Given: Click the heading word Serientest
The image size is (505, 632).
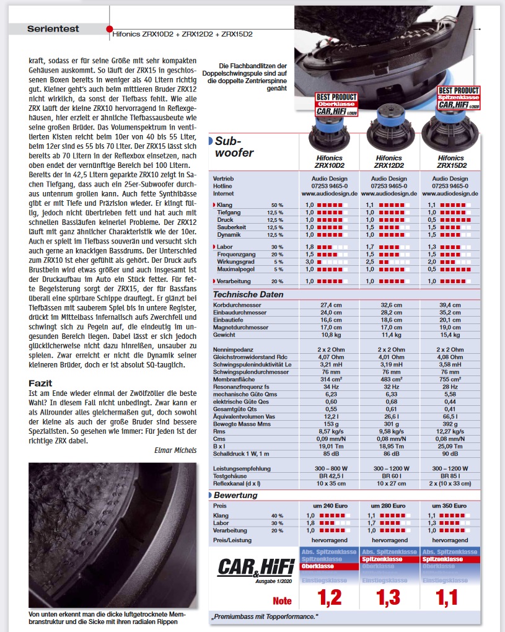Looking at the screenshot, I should click(x=53, y=29).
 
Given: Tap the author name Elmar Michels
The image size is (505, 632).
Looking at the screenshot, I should click(x=175, y=450).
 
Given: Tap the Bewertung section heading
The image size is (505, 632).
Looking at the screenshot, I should click(x=235, y=495).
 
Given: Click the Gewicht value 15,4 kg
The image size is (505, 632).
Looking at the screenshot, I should click(x=450, y=334).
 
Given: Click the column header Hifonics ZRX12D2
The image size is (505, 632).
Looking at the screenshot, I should click(x=389, y=162).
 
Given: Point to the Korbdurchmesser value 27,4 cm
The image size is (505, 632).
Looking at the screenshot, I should click(x=328, y=305).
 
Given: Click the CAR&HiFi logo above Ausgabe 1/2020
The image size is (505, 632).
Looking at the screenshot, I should click(x=255, y=566).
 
